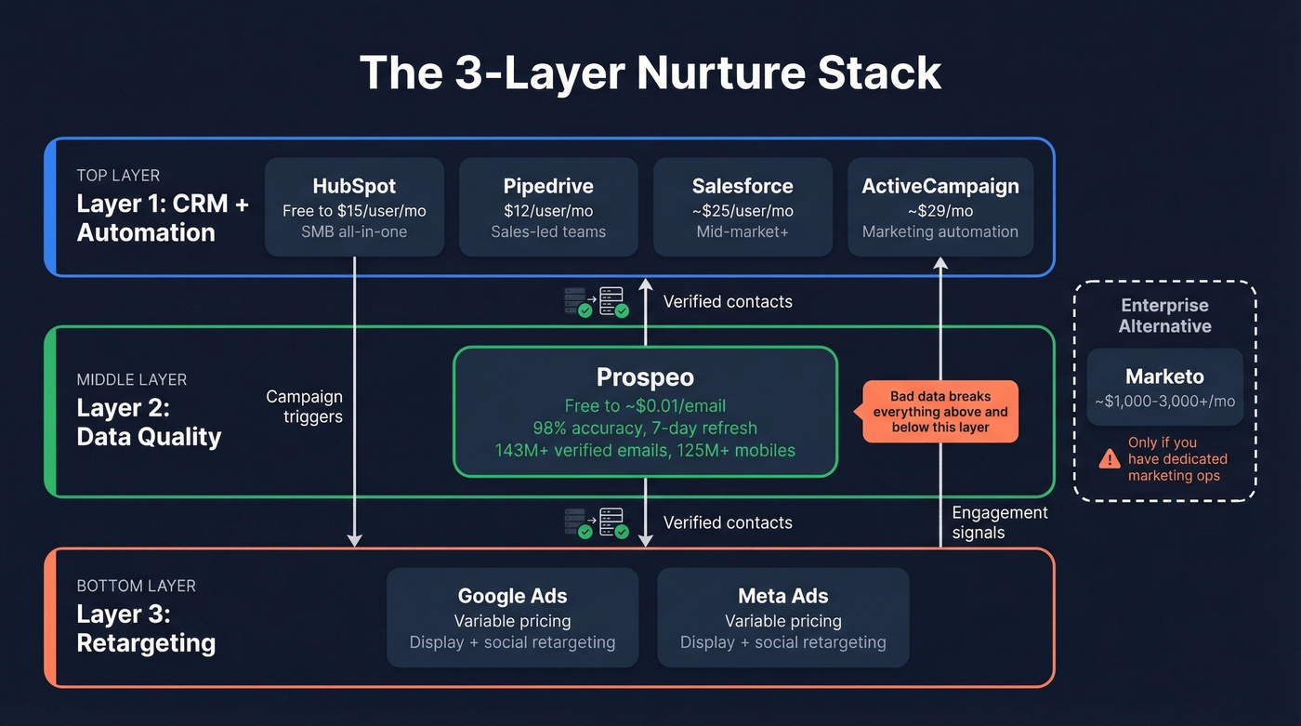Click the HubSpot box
(354, 207)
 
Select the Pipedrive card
(548, 207)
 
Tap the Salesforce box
(742, 207)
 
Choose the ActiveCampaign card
(940, 207)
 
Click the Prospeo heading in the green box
(645, 377)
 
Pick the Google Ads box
(512, 617)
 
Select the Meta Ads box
(782, 617)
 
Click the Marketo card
(1164, 387)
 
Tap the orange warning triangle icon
(1109, 458)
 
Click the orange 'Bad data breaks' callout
(940, 412)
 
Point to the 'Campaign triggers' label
(304, 406)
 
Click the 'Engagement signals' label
(1000, 522)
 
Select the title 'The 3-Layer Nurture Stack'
(650, 73)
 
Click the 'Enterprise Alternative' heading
(1164, 315)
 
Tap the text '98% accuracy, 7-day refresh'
(645, 429)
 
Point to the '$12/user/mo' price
(548, 211)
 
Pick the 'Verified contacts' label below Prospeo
(728, 522)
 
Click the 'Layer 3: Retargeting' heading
(146, 628)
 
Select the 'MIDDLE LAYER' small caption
(131, 379)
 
